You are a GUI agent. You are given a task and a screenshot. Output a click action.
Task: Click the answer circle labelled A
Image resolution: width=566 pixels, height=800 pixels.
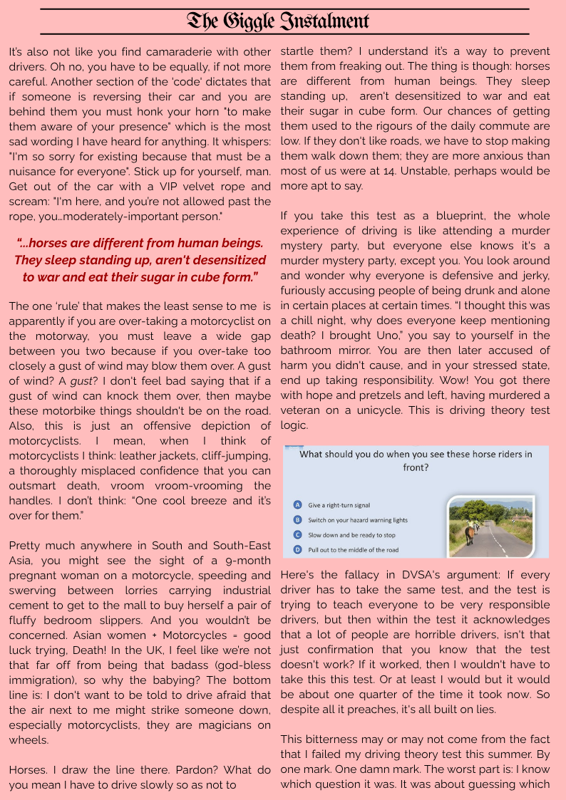[297, 504]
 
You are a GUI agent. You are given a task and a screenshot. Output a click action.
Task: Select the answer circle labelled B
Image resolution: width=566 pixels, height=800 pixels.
[297, 520]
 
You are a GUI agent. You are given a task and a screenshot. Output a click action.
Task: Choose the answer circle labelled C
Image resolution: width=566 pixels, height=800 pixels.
[297, 534]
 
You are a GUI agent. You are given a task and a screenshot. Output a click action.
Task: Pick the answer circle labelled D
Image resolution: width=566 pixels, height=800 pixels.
[297, 550]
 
